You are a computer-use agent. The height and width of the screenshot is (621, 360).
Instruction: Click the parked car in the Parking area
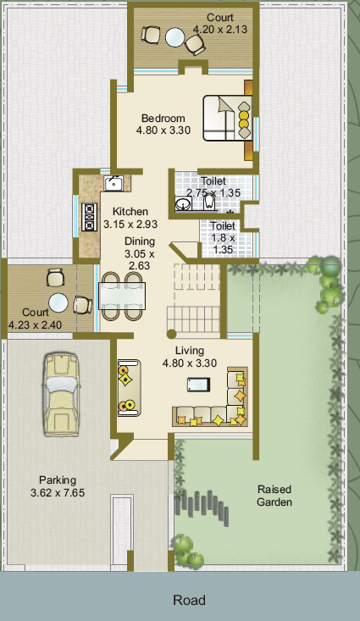61,395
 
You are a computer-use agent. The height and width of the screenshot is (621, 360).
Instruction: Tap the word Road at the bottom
189,601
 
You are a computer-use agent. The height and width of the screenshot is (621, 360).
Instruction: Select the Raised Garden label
274,496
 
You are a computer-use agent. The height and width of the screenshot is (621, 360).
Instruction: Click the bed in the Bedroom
228,118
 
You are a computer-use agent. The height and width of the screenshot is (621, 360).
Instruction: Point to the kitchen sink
114,183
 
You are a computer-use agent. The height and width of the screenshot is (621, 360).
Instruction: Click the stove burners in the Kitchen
90,217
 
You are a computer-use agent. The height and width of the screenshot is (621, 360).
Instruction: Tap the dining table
122,296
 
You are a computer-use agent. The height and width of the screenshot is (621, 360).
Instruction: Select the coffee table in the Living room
198,385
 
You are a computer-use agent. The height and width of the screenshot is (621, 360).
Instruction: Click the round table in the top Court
175,37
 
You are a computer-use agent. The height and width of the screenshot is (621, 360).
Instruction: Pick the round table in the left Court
58,302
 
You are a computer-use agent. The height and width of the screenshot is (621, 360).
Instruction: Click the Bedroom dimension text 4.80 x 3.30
163,130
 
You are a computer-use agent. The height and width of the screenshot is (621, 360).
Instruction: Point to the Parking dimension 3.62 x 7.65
58,493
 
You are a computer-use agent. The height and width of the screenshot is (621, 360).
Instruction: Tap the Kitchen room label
130,212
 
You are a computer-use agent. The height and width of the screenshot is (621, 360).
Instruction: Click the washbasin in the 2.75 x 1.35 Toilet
183,204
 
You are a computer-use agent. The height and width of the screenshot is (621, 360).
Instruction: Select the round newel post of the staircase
171,335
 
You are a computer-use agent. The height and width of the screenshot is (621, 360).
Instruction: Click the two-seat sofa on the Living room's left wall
129,388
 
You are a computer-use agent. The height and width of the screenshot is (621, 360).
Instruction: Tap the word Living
190,351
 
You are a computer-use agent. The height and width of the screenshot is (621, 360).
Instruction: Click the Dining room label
140,241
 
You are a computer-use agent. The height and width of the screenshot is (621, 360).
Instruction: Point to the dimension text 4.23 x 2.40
35,325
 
